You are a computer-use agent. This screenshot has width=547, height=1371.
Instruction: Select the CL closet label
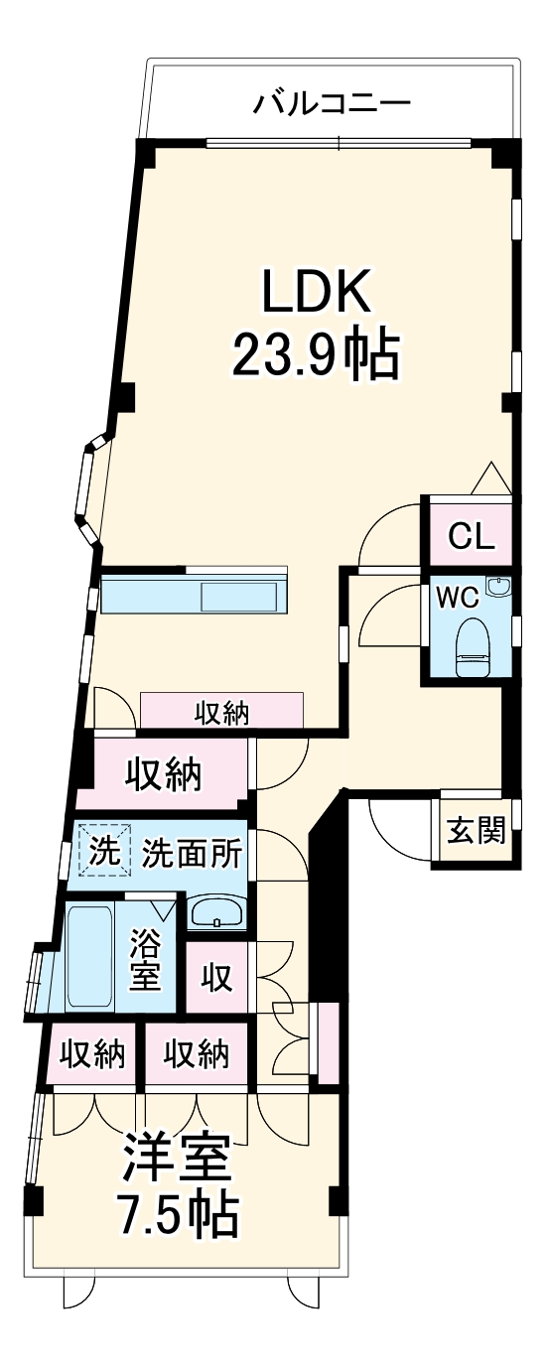470,536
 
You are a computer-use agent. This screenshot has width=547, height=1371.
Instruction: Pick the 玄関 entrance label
475,830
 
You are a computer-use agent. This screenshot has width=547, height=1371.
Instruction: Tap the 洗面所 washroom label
192,851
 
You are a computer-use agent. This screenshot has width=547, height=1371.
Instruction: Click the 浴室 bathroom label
146,957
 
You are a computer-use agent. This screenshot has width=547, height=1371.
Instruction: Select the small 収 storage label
217,978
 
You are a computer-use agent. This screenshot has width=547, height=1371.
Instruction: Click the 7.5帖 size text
178,1213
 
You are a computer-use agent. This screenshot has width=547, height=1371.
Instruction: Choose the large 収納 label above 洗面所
163,773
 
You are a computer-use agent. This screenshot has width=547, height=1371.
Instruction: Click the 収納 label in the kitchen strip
221,712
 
